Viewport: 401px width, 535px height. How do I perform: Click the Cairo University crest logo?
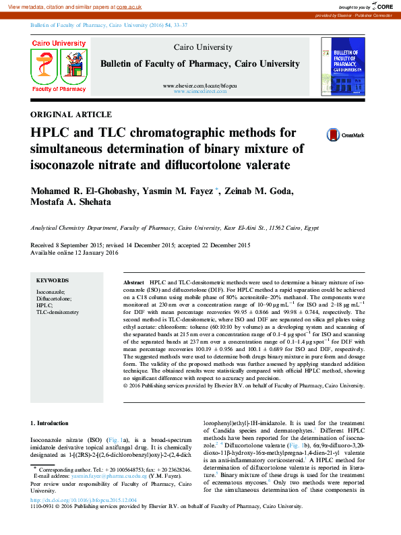pos(59,65)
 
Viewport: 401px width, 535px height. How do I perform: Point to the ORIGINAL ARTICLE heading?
pos(71,114)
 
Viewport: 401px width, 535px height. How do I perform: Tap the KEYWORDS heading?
pos(53,280)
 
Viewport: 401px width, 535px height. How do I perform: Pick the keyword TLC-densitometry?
pos(57,313)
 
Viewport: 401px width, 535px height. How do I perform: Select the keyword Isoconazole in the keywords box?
pos(51,291)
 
